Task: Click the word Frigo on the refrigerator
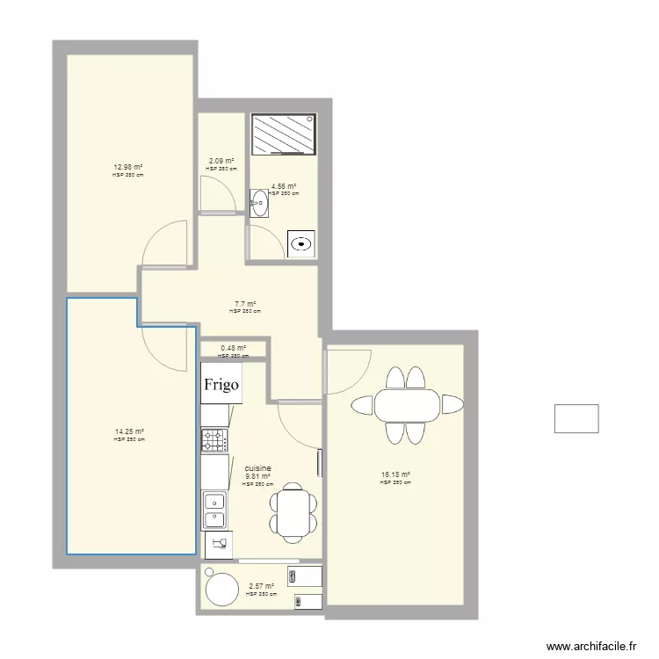coord(221,385)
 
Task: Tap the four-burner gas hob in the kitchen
coord(214,440)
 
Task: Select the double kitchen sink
coord(214,510)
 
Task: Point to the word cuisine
coord(258,469)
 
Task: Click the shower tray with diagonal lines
coord(283,134)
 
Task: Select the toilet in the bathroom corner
coord(302,243)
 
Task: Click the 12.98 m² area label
coord(127,167)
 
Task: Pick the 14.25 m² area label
coord(128,431)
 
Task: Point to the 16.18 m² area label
coord(395,475)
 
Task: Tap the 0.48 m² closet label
coord(233,348)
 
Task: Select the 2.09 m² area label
coord(221,161)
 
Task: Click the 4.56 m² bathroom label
coord(283,186)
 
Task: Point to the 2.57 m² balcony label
coord(261,587)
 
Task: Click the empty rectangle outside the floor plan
coord(576,418)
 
